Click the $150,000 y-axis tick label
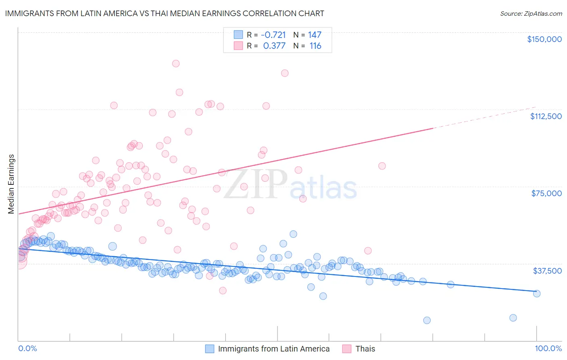[x=544, y=39]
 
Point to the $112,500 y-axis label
[x=546, y=116]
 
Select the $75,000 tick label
[x=546, y=193]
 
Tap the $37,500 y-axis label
[x=547, y=271]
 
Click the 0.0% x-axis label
[x=27, y=348]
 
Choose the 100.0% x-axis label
[x=548, y=348]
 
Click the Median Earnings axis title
[x=11, y=184]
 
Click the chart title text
[x=165, y=13]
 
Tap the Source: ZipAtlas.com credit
[x=531, y=13]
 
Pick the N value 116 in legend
[x=315, y=46]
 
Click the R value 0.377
[x=274, y=46]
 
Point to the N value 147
[x=315, y=35]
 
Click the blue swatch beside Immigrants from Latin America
[x=210, y=349]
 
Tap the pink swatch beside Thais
[x=347, y=349]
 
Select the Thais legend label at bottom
[x=365, y=349]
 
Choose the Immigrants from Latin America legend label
[x=274, y=349]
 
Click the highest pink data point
[x=176, y=63]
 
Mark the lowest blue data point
[x=427, y=320]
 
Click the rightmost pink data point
[x=382, y=166]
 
